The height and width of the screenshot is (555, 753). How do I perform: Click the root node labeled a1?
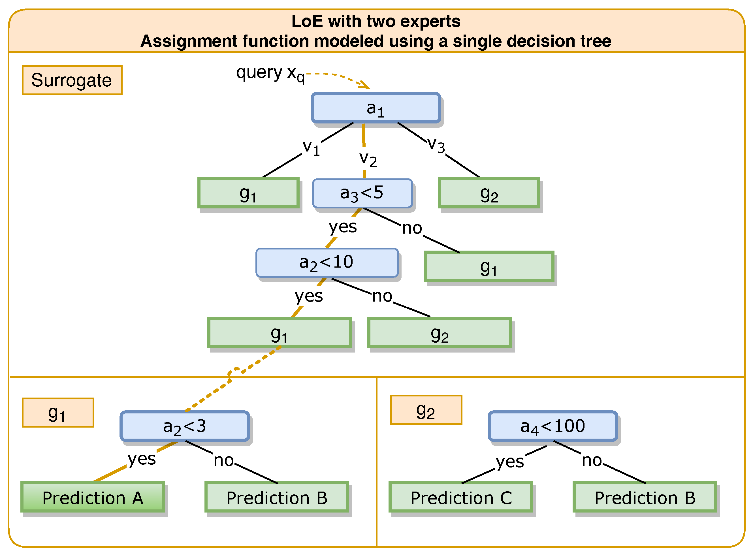pos(376,108)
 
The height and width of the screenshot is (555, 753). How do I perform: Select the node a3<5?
pos(362,193)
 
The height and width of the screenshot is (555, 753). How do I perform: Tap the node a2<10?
pos(327,263)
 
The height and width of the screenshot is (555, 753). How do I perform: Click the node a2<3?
pos(184,426)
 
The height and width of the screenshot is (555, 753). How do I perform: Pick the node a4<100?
pos(553,426)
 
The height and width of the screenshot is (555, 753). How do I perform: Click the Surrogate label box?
pos(72,80)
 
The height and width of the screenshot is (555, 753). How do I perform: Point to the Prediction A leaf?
pos(93,497)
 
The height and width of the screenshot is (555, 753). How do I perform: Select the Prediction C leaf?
pos(461,497)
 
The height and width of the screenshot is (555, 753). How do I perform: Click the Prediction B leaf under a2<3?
pos(277,497)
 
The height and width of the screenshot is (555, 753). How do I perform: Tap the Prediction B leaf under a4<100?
pos(645,497)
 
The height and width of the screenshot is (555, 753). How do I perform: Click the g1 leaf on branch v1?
pos(248,193)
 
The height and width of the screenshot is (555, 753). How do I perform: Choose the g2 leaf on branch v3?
pos(489,193)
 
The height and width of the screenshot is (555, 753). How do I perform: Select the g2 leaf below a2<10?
pos(440,333)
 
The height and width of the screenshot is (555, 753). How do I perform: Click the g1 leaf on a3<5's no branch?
pos(489,266)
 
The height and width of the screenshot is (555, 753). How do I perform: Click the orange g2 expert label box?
pos(426,409)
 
